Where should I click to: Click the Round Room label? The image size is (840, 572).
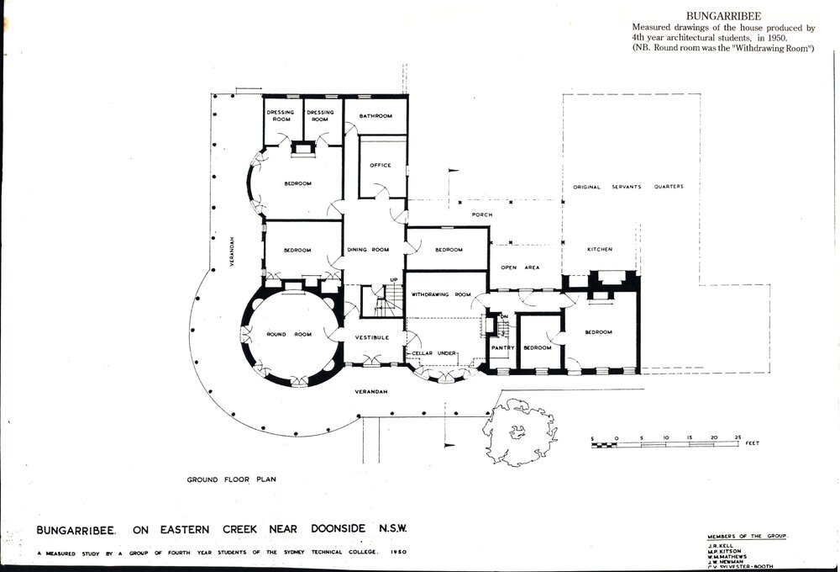[x=288, y=334]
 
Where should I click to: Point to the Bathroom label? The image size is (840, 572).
[x=375, y=116]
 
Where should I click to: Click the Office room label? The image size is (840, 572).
[x=381, y=165]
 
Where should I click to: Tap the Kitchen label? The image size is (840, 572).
[x=600, y=250]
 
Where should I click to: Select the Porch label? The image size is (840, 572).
[x=481, y=214]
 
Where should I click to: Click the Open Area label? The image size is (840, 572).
[x=519, y=267]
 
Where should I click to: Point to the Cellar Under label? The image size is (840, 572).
[x=434, y=352]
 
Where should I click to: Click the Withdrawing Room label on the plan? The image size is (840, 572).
[x=441, y=294]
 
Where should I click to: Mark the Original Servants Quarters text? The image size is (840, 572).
[x=628, y=187]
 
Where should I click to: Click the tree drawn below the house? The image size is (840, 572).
[x=520, y=432]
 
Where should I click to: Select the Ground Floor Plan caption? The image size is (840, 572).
[x=231, y=479]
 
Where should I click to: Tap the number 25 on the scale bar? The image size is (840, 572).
[x=737, y=438]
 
